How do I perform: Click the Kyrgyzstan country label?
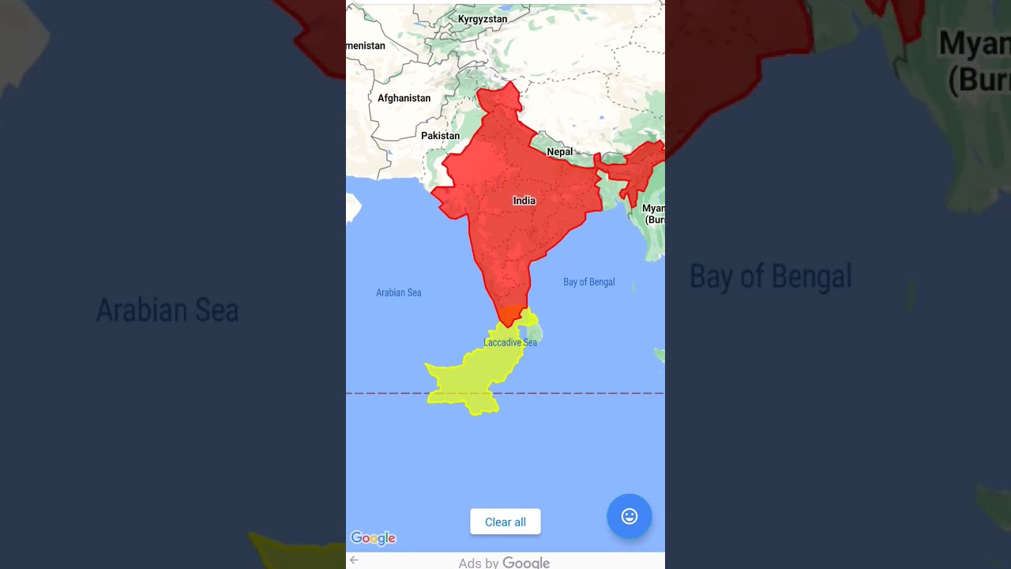tap(483, 19)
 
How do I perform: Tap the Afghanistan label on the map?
tap(404, 99)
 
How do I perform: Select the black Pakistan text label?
tap(440, 136)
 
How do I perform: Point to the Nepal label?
tap(559, 152)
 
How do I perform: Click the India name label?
tap(524, 201)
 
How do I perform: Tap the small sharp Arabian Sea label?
tap(398, 292)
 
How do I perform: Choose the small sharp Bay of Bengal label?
tap(588, 282)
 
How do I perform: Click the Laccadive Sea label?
tap(510, 342)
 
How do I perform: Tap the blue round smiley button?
tap(629, 516)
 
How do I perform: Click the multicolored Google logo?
tap(373, 538)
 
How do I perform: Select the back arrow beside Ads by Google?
tap(354, 560)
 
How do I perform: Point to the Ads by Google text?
tap(504, 563)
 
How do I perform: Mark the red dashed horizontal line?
tap(584, 393)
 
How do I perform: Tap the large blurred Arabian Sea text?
tap(167, 311)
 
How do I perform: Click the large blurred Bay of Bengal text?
tap(770, 277)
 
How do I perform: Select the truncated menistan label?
tap(366, 46)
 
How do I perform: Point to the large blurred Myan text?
tap(974, 43)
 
